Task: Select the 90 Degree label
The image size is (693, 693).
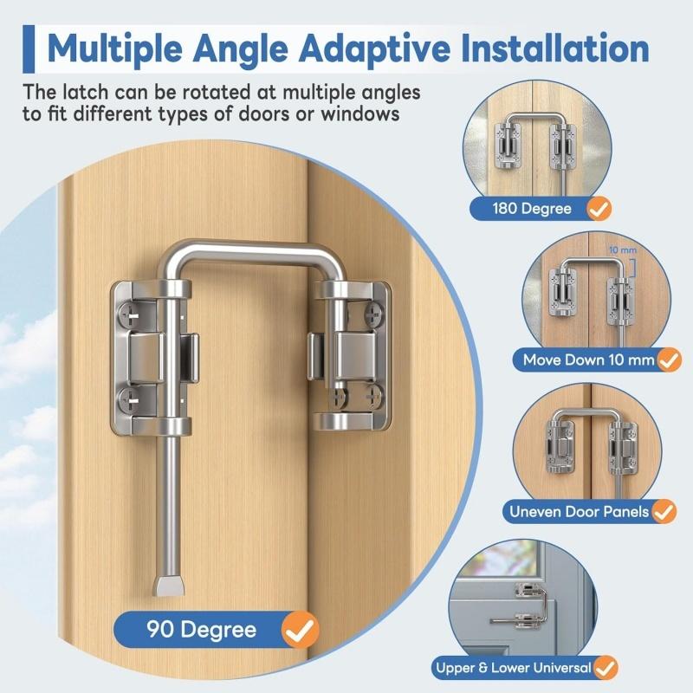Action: pos(200,629)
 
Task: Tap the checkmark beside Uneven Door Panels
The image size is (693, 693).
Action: pos(664,512)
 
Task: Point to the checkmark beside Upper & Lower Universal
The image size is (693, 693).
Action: pos(606,668)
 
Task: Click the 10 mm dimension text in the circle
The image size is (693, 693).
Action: pos(620,249)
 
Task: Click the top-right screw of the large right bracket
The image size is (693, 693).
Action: pos(373,307)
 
